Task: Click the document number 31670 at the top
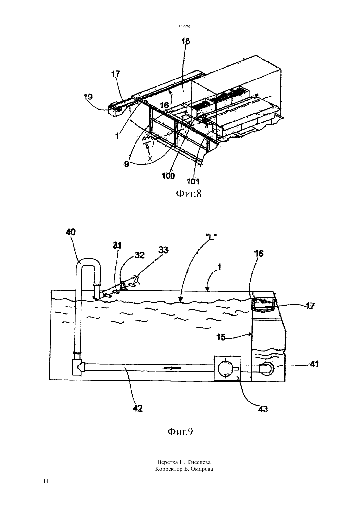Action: pos(184,26)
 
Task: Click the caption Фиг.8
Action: pos(189,194)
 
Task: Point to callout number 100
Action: pos(168,176)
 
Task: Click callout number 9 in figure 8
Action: pos(127,164)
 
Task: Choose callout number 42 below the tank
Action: pos(137,408)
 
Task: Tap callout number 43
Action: pos(263,409)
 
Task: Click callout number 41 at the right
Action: pos(314,364)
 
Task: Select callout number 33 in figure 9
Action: pos(163,250)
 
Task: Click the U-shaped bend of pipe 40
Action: pos(88,261)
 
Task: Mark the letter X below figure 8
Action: pos(150,158)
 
